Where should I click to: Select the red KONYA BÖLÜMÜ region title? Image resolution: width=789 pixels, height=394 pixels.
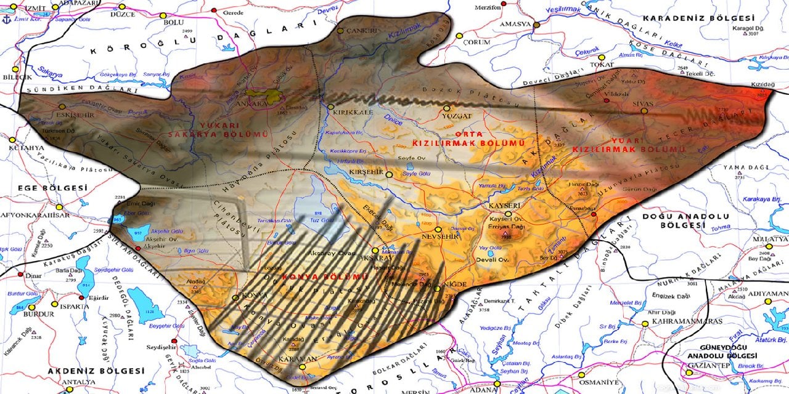click(x=325, y=278)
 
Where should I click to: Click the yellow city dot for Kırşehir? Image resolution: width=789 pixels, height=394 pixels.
click(x=389, y=175)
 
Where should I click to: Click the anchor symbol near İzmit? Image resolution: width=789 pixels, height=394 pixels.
click(x=7, y=19)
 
